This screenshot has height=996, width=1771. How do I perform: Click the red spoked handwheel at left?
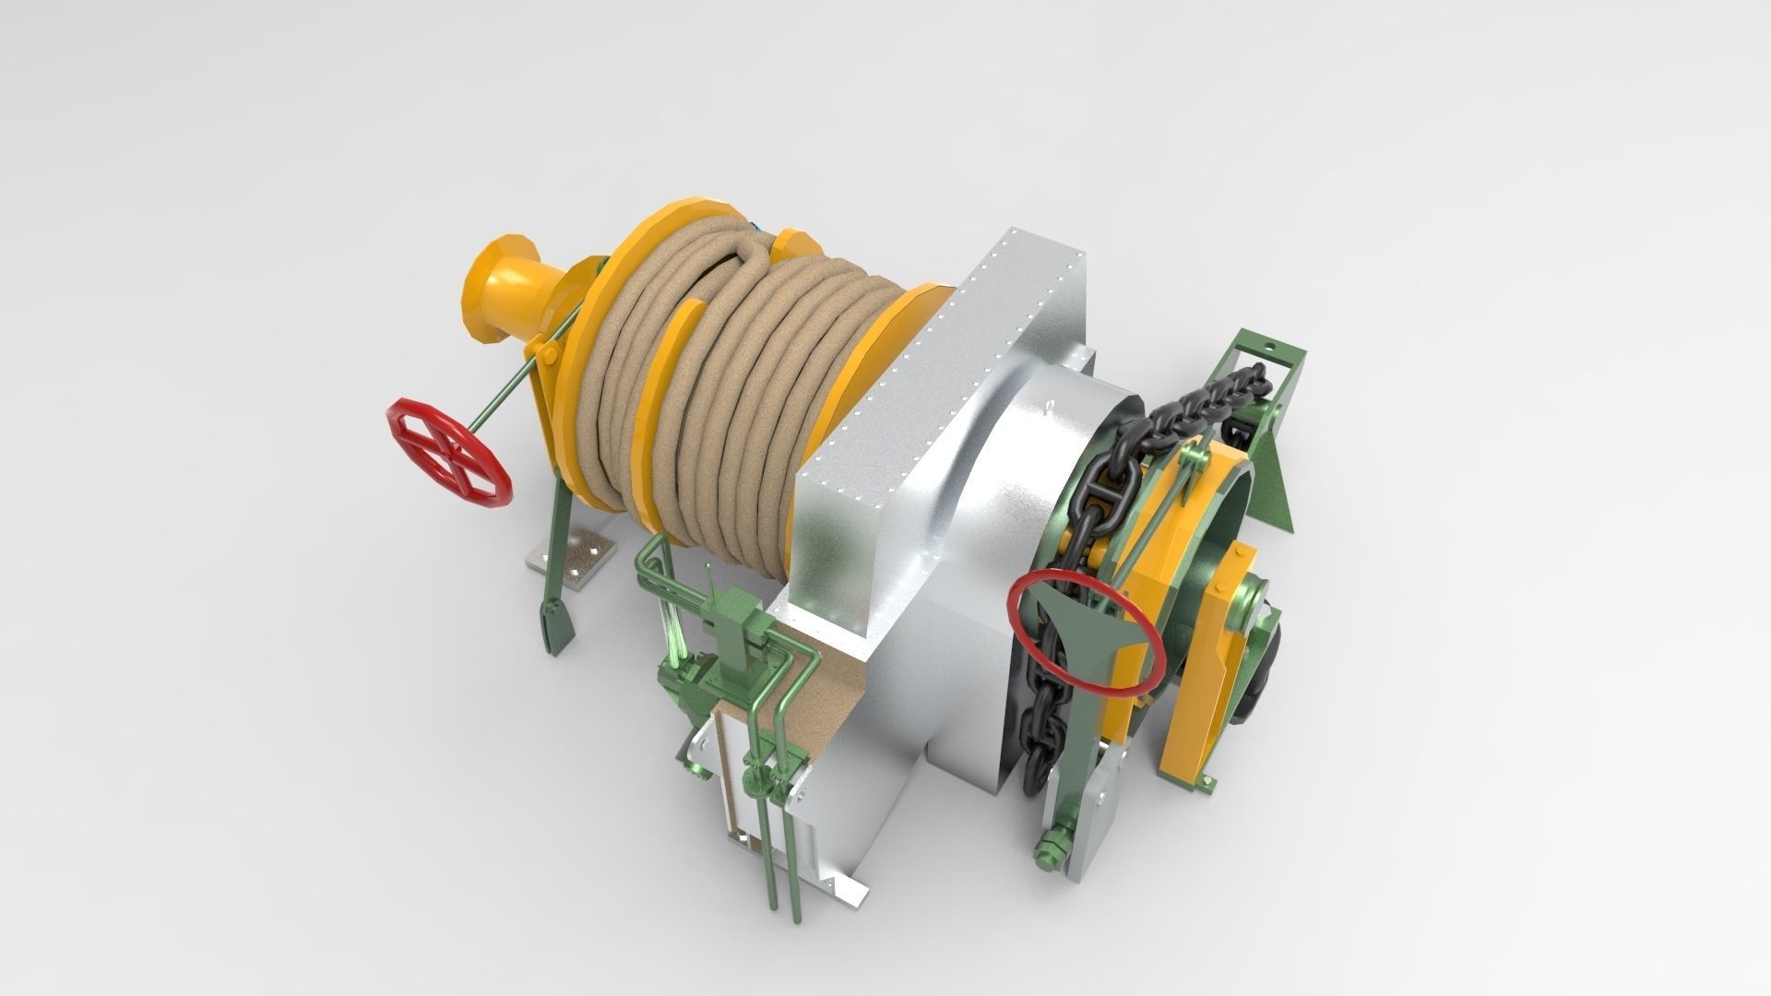click(x=447, y=452)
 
